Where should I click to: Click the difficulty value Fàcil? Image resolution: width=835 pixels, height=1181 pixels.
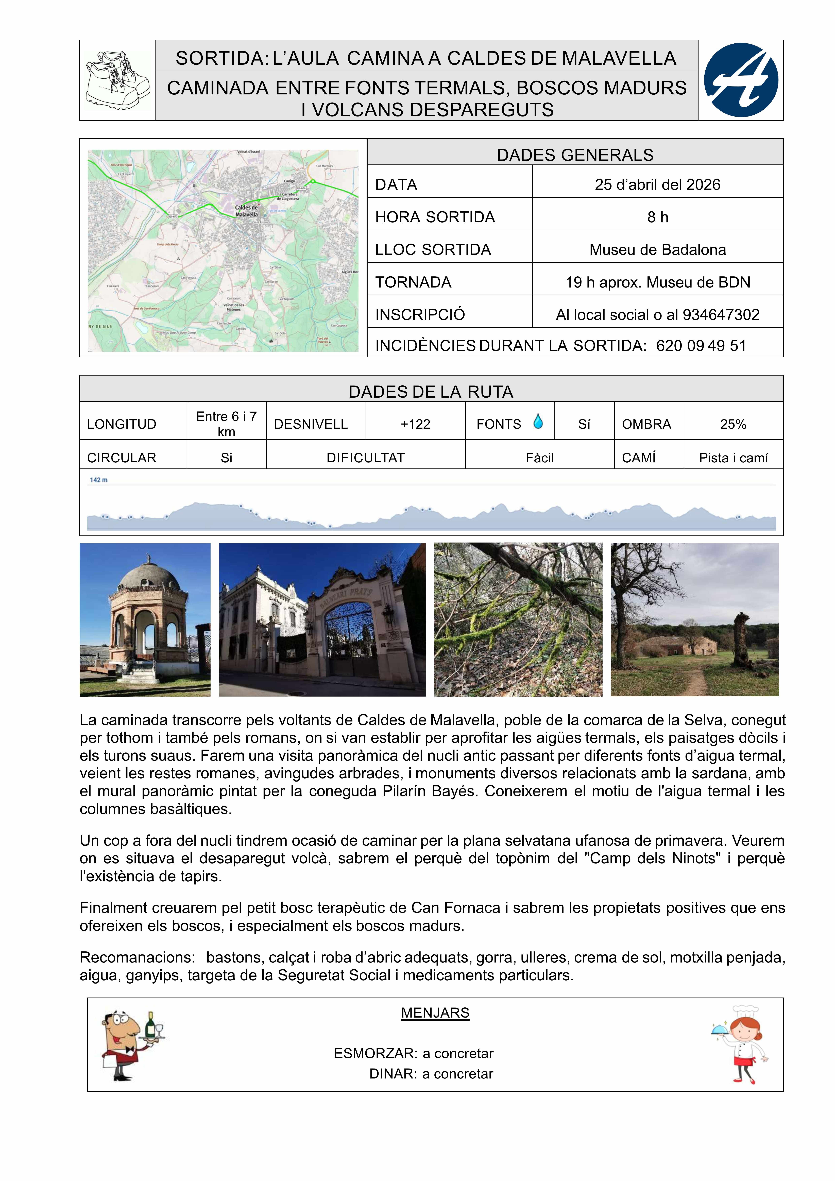coord(539,458)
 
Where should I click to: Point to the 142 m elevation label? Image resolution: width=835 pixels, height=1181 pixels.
coord(99,480)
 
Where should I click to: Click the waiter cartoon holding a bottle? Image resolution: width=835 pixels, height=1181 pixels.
coord(132,1044)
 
